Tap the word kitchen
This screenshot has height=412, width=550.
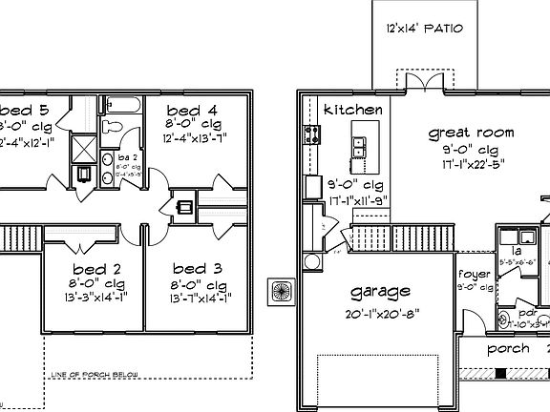(x=353, y=111)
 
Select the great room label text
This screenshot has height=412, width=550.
(x=471, y=134)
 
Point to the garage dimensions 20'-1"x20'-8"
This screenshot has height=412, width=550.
(x=381, y=314)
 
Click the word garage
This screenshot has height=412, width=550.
(x=380, y=292)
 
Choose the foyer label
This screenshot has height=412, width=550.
(x=474, y=274)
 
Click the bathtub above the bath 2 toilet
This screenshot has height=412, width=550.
(x=120, y=104)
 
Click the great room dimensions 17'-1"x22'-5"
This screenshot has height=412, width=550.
(x=471, y=164)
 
